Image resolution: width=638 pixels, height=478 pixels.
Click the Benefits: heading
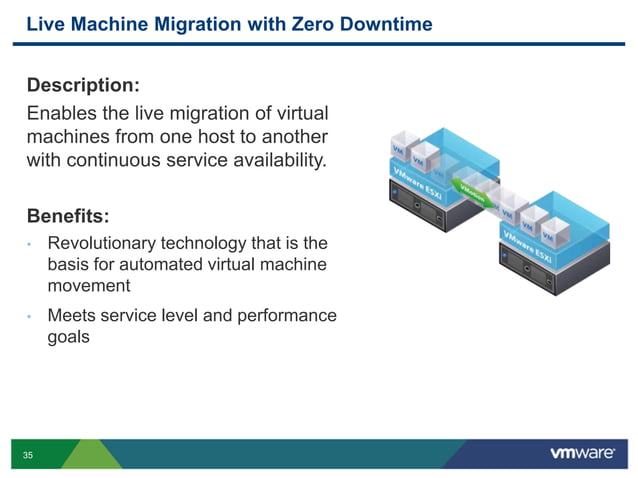68,215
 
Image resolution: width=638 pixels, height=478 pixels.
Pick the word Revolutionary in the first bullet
108,243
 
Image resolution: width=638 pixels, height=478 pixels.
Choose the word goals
69,338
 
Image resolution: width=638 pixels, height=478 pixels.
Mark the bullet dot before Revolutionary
31,244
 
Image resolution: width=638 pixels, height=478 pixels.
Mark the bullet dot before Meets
31,317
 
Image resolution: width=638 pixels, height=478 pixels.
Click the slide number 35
27,455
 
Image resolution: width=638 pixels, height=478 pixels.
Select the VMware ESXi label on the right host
528,246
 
